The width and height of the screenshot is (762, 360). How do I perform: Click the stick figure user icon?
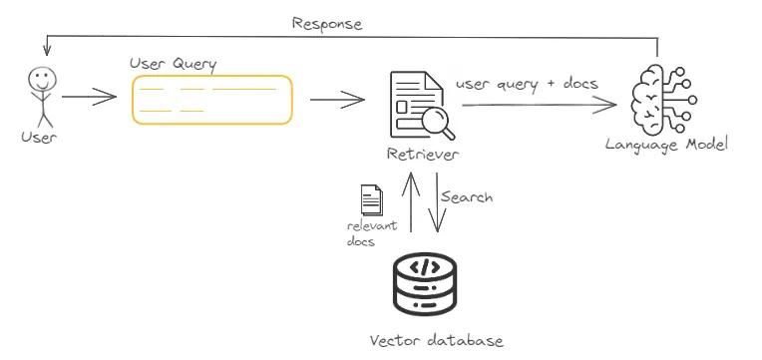pyautogui.click(x=39, y=95)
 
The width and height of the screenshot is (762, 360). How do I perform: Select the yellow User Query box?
pyautogui.click(x=212, y=100)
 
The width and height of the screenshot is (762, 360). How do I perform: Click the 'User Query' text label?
pyautogui.click(x=174, y=64)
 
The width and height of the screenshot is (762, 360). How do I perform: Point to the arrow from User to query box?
pyautogui.click(x=89, y=98)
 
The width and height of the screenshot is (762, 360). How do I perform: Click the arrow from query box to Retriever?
pyautogui.click(x=337, y=99)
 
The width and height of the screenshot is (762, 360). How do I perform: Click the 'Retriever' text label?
pyautogui.click(x=423, y=155)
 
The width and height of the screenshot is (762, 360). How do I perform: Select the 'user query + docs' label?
pyautogui.click(x=527, y=84)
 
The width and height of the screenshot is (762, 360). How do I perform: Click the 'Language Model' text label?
pyautogui.click(x=666, y=145)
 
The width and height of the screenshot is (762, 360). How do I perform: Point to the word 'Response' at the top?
pyautogui.click(x=327, y=23)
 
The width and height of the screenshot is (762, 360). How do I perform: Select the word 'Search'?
pyautogui.click(x=466, y=197)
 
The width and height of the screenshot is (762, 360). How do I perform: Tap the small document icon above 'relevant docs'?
pyautogui.click(x=371, y=199)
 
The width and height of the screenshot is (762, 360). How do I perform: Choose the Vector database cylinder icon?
pyautogui.click(x=424, y=282)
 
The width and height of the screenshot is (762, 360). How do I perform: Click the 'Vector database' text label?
pyautogui.click(x=436, y=340)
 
